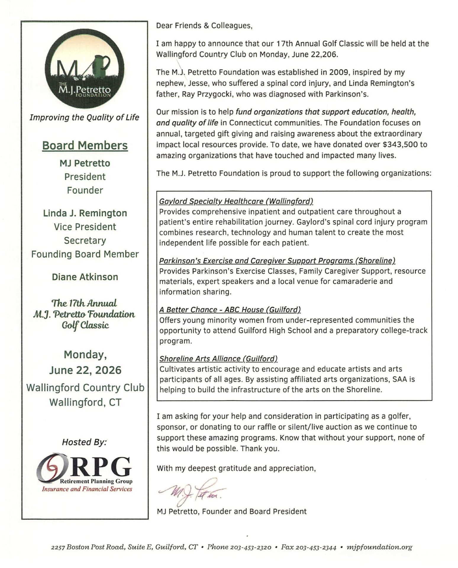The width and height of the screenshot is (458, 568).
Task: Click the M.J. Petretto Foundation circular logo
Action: (x=85, y=69)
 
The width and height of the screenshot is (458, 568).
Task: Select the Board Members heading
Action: (x=85, y=146)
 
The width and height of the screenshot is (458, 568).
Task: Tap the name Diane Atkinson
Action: (x=85, y=277)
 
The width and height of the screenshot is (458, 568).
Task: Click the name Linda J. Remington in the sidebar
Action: (x=85, y=213)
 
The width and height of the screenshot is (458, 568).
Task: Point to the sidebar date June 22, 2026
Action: (x=85, y=370)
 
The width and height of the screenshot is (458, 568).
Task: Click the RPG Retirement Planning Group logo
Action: (x=85, y=472)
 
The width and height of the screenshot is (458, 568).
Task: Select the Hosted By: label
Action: (x=84, y=442)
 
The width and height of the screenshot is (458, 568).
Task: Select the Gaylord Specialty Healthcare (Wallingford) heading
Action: (x=236, y=201)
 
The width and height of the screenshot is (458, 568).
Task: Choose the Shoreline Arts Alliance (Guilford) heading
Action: (x=218, y=359)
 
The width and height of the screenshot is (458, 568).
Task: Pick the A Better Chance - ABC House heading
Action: (x=230, y=309)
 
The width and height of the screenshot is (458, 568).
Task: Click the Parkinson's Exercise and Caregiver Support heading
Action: (x=277, y=261)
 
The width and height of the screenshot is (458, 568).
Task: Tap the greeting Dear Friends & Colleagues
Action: (x=204, y=26)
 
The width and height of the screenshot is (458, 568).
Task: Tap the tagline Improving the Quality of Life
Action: (x=84, y=117)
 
